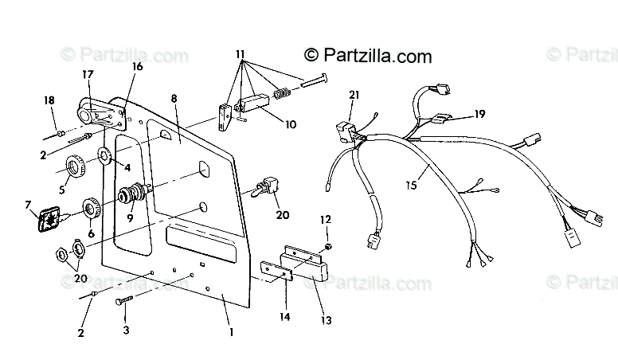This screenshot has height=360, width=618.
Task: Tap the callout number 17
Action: tap(88, 74)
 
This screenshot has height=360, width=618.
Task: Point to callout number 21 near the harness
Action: tap(354, 95)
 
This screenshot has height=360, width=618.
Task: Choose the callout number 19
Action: tap(479, 114)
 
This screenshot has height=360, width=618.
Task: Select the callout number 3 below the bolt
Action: tap(126, 327)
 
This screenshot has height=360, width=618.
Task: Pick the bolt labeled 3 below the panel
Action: tap(125, 302)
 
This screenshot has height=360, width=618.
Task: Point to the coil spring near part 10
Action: tap(280, 93)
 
